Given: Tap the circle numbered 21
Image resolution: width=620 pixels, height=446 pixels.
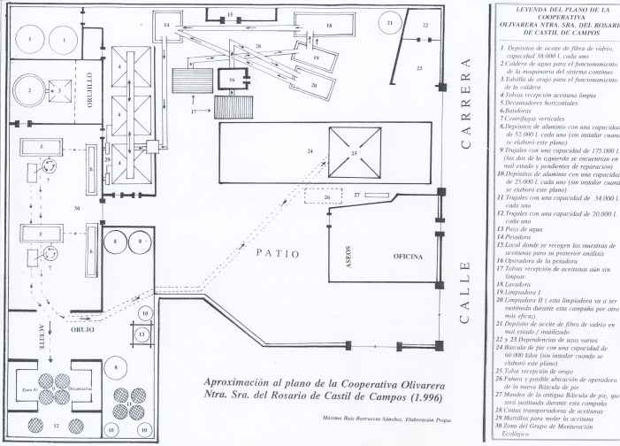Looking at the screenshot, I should (x=390, y=23).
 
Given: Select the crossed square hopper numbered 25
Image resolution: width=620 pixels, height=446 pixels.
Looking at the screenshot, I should (x=355, y=152).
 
